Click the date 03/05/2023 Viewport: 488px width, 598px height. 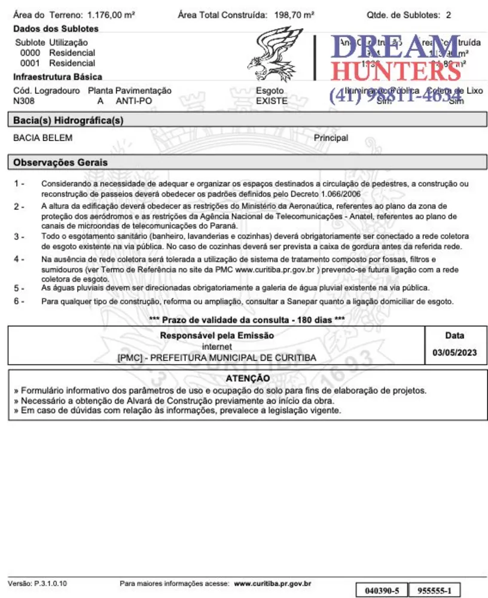pyautogui.click(x=455, y=353)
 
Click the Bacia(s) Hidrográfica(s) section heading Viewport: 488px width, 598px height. pyautogui.click(x=68, y=121)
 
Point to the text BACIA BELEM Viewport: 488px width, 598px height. pyautogui.click(x=42, y=138)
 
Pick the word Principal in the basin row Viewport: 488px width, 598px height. pyautogui.click(x=331, y=138)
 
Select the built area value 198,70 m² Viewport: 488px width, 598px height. pyautogui.click(x=294, y=14)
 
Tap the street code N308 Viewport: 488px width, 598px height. pyautogui.click(x=24, y=101)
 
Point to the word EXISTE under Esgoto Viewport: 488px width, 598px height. pyautogui.click(x=272, y=101)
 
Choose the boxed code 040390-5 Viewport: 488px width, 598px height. pyautogui.click(x=382, y=591)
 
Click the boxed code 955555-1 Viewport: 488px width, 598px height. pyautogui.click(x=434, y=591)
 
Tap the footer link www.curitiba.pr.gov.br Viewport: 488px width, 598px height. pyautogui.click(x=272, y=583)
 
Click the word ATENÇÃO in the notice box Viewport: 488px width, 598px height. pyautogui.click(x=248, y=379)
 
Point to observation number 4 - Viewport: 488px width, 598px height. pyautogui.click(x=19, y=259)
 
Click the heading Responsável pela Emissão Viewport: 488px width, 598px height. pyautogui.click(x=216, y=335)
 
